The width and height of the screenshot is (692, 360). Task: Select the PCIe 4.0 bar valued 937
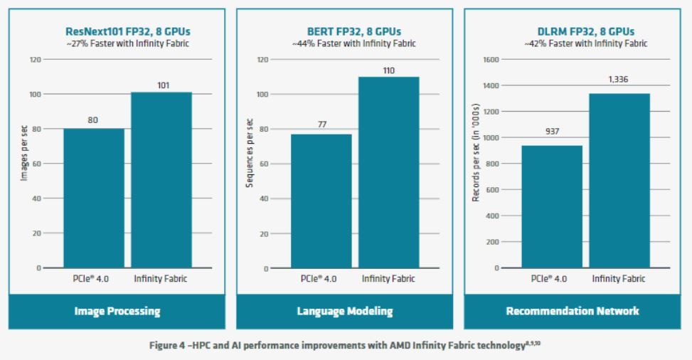coord(552,206)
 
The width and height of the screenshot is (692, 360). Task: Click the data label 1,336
coord(619,80)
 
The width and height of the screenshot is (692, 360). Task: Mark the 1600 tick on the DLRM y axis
coord(490,60)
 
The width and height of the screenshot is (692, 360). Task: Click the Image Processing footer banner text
coord(117,311)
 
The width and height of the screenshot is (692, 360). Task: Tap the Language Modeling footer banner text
coord(344,311)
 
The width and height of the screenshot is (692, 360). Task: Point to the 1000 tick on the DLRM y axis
coord(490,138)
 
